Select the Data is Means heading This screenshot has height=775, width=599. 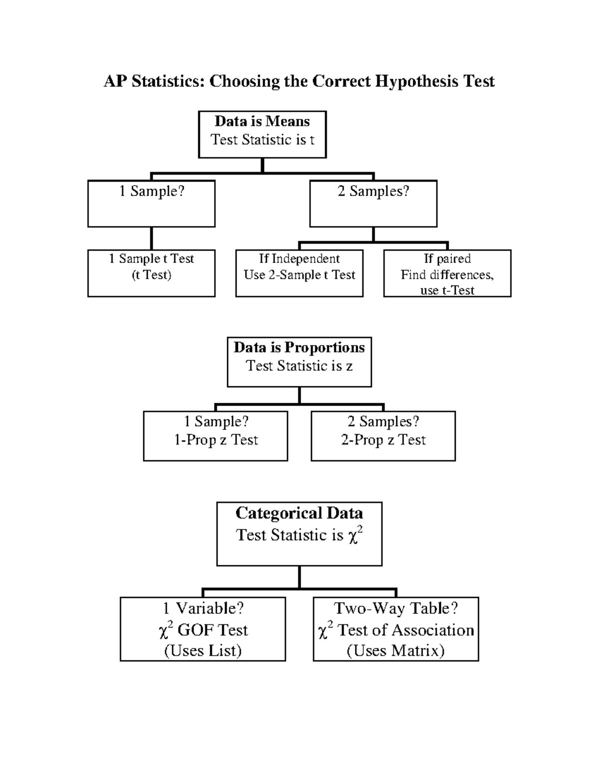tap(262, 121)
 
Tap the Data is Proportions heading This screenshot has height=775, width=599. tap(299, 347)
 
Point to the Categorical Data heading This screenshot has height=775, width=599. tap(299, 513)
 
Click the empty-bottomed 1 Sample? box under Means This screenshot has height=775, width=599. tap(151, 204)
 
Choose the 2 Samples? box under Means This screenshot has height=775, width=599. tap(373, 204)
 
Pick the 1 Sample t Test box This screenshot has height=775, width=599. tap(151, 273)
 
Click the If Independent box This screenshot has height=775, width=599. tap(299, 273)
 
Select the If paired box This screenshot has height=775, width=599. tap(447, 273)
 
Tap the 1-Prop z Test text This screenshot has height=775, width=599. tap(216, 440)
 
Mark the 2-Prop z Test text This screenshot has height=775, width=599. tap(383, 440)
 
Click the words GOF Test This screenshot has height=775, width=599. tap(212, 630)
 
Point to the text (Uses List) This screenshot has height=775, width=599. tap(203, 651)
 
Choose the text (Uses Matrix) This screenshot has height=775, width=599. tap(395, 651)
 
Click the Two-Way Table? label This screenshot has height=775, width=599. tap(396, 608)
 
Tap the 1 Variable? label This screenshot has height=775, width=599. tap(203, 608)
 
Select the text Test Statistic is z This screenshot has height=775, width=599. tap(299, 366)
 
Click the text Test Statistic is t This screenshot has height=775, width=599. tap(262, 140)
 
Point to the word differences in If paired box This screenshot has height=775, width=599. tap(462, 275)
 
